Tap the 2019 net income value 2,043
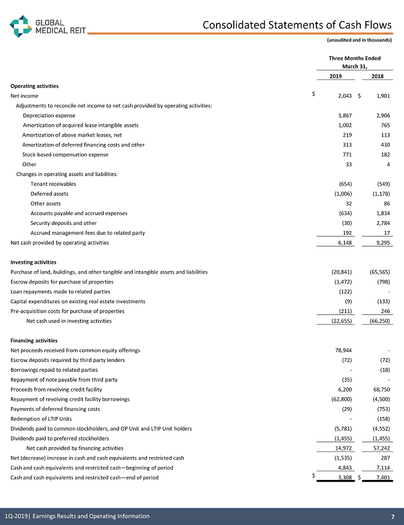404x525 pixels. coord(345,96)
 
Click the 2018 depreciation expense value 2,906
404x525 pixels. coord(382,115)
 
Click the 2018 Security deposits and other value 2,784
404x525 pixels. coord(382,223)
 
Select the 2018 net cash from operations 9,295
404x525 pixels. coord(382,243)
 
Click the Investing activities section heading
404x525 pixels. coord(34,262)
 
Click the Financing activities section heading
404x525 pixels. coord(34,340)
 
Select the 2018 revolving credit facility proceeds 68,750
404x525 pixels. coord(381,390)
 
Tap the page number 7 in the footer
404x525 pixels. coord(392,516)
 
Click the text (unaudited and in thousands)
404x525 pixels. coord(359,40)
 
